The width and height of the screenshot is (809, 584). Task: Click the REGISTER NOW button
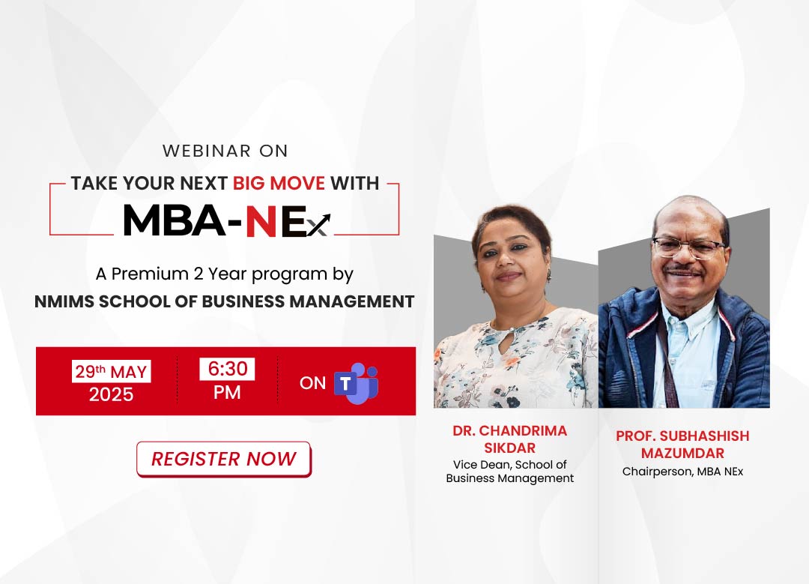[224, 459]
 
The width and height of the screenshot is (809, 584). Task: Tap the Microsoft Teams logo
[357, 383]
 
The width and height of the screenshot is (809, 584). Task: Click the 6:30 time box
[227, 369]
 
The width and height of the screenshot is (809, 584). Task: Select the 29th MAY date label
[111, 371]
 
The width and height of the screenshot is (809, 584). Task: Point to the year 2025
[111, 394]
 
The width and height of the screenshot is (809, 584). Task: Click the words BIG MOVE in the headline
[279, 183]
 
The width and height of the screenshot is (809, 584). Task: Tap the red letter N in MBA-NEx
[261, 220]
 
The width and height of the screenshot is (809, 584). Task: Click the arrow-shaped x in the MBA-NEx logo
[319, 226]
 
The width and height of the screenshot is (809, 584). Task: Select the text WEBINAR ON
[225, 151]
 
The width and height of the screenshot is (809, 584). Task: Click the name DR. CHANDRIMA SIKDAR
[510, 439]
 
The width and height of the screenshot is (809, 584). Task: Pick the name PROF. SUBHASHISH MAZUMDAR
[682, 444]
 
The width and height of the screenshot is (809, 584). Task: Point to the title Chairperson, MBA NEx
[682, 472]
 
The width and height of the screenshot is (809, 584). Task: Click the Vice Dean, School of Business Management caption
[510, 472]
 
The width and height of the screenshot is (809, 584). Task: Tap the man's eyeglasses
[689, 247]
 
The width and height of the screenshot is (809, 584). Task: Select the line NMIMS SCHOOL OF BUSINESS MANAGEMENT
[225, 301]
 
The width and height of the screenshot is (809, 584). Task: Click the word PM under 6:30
[227, 392]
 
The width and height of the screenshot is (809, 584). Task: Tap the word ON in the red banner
[312, 383]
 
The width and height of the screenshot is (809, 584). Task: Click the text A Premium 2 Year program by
[225, 274]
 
